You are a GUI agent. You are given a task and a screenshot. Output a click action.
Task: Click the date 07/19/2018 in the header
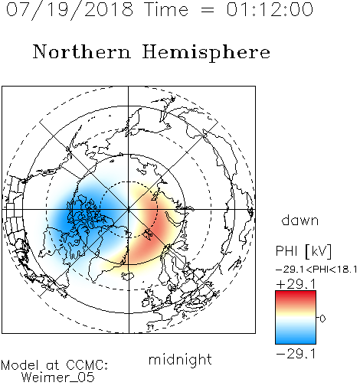(70, 10)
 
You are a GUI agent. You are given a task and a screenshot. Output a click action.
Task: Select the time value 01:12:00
(270, 9)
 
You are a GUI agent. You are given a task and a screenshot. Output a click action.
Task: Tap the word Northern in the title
(82, 51)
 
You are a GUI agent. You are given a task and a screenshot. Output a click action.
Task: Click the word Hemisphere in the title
(206, 53)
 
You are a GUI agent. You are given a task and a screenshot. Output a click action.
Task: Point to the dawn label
(300, 221)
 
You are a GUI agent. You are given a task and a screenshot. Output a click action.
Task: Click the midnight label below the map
(180, 359)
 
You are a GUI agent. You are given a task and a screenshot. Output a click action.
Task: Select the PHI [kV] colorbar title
(303, 251)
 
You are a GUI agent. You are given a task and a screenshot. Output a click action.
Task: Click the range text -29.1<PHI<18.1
(316, 270)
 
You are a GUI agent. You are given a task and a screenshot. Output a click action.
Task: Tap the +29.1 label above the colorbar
(296, 284)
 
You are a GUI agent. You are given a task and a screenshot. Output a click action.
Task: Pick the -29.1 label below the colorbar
(296, 354)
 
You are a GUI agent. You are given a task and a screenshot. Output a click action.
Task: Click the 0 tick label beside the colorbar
(322, 319)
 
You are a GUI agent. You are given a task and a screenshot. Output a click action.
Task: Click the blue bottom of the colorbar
(296, 338)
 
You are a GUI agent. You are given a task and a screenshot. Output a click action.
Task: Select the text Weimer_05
(58, 377)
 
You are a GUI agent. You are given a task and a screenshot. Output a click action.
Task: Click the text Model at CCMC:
(54, 365)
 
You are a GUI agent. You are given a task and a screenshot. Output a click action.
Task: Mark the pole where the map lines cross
(129, 209)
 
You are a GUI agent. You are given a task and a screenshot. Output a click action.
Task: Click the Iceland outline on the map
(128, 276)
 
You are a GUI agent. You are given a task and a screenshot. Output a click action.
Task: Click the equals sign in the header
(207, 10)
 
